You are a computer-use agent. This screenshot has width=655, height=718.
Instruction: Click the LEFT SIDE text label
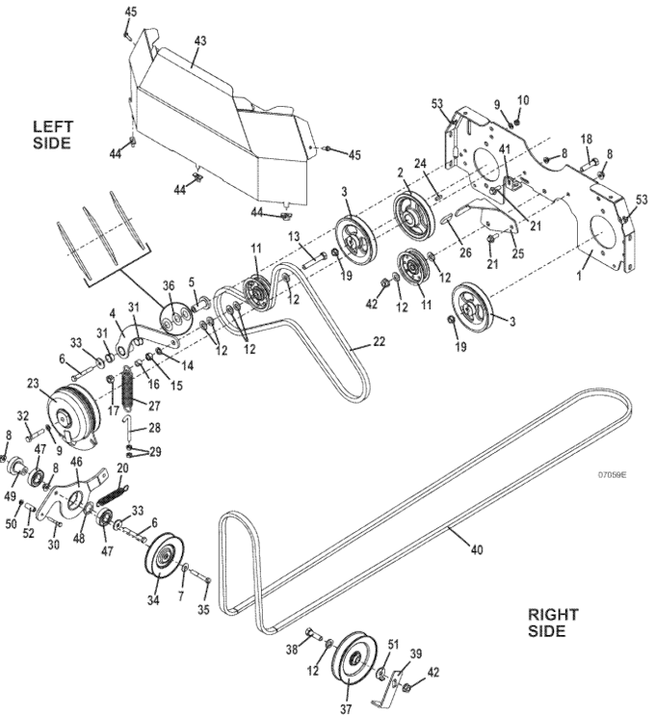52,135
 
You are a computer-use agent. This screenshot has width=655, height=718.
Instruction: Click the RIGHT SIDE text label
553,623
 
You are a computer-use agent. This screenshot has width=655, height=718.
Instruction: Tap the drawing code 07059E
612,475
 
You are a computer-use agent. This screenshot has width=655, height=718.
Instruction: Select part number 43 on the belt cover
200,40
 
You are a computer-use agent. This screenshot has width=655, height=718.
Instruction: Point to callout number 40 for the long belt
477,549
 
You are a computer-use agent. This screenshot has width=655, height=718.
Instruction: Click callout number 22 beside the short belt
379,341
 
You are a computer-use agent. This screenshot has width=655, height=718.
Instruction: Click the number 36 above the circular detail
169,285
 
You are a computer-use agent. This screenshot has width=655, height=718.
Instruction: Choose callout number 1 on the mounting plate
580,277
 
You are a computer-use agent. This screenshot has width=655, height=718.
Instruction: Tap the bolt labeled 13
314,259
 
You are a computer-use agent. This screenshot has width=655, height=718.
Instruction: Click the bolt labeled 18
589,165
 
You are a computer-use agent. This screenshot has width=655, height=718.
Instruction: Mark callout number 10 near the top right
523,100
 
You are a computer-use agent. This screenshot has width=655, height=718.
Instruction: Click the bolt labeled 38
314,636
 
